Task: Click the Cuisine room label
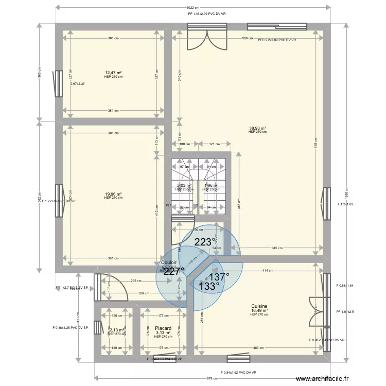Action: coord(259,306)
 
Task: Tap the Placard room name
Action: coord(163,327)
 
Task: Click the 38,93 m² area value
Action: coord(257,128)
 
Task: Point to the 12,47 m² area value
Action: coord(113,73)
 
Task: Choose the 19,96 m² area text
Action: coord(113,194)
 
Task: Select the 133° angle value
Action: coord(209,286)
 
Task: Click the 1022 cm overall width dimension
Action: coord(193,8)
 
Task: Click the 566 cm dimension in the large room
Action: coord(248,39)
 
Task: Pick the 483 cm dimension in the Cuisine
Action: coord(259,347)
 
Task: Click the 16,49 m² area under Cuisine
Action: coord(259,311)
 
